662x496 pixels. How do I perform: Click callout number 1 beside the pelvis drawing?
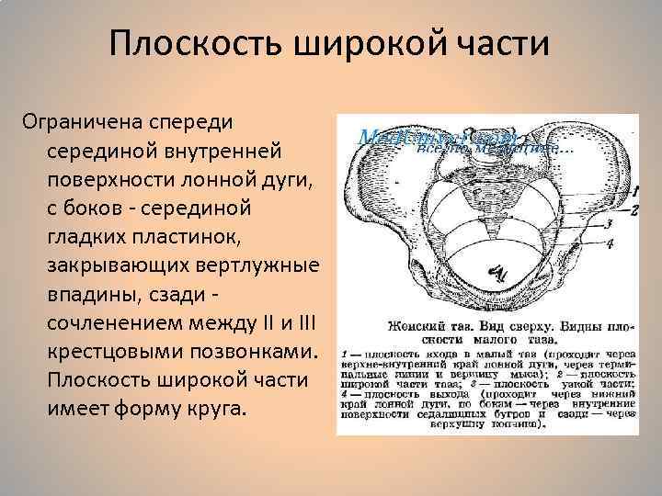click(x=633, y=191)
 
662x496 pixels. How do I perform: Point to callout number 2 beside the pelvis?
click(x=633, y=209)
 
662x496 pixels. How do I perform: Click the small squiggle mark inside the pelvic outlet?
click(x=497, y=271)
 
